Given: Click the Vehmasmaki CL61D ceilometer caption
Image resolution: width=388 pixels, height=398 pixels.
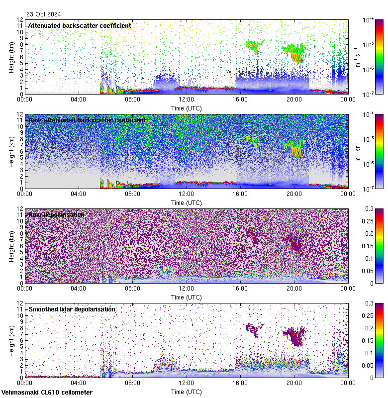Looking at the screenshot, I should tap(47, 393).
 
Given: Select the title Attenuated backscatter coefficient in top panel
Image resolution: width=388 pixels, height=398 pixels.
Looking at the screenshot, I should tap(80, 25).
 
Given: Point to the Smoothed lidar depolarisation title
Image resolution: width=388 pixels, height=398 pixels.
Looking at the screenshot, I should tap(72, 309).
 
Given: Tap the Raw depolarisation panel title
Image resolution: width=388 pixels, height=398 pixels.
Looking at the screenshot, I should tap(56, 214).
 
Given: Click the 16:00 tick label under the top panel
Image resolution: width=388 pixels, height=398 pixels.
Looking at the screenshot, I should tap(240, 99).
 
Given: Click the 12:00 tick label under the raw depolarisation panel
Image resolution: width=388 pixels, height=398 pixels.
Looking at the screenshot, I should tap(186, 289).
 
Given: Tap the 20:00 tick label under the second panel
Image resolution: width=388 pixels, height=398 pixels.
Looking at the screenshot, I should tap(294, 194).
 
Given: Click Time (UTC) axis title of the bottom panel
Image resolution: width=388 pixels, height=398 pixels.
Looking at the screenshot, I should tap(187, 392).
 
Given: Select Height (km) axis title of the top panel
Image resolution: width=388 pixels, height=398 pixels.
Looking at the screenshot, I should tap(11, 57).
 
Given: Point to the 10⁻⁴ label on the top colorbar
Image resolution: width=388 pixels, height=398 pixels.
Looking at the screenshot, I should tap(369, 20).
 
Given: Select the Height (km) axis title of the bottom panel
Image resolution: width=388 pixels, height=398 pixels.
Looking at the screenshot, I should tap(11, 340).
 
